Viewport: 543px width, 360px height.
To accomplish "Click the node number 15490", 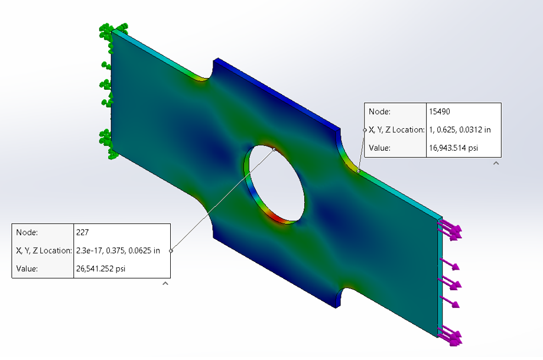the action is click(440, 112).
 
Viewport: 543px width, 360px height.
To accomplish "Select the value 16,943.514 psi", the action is click(453, 148).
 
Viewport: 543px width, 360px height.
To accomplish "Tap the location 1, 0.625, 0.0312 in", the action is click(460, 129).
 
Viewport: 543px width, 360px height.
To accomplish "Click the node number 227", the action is click(82, 232).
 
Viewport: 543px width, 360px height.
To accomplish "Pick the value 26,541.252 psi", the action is click(101, 268).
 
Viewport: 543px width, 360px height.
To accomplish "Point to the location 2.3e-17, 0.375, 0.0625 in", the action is click(118, 251).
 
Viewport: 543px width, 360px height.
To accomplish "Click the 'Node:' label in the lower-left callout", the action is click(27, 232).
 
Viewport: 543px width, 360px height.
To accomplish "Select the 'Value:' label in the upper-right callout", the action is click(379, 148).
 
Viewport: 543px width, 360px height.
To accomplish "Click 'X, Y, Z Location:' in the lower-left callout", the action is click(44, 251).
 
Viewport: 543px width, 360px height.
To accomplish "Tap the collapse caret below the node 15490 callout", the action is click(496, 163).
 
